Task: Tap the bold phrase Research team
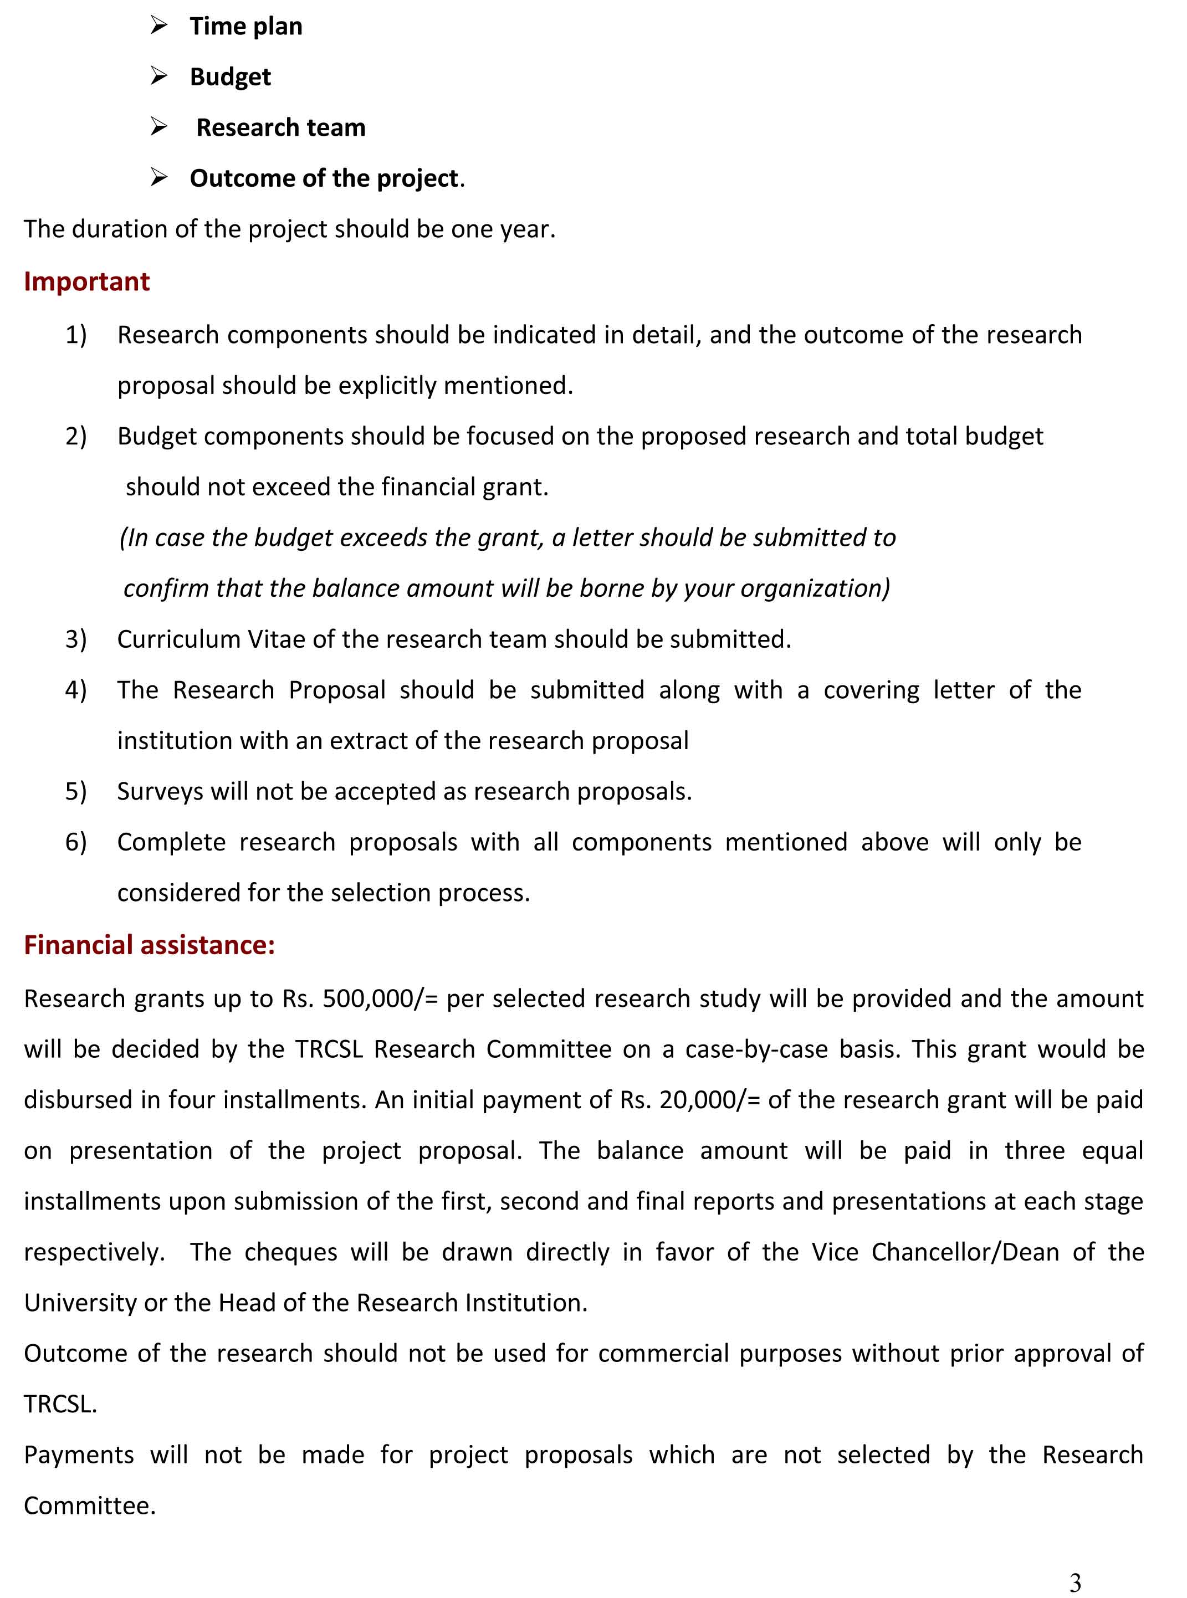[x=280, y=128]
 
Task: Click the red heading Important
[x=87, y=281]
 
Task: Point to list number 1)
[x=76, y=335]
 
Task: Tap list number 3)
[x=76, y=639]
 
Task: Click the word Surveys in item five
[x=150, y=792]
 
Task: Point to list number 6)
[x=76, y=842]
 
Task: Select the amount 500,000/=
[x=380, y=998]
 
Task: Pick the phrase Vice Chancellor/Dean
[x=935, y=1252]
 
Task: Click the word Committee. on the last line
[x=90, y=1506]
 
